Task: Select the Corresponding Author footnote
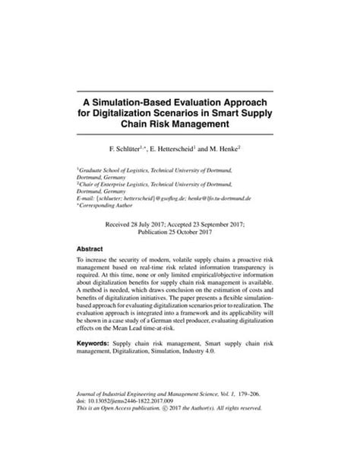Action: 109,205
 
